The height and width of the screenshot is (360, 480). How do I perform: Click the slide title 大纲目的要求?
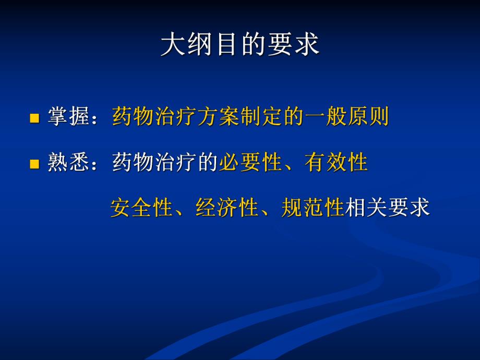239,45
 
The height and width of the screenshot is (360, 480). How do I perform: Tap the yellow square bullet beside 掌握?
34,118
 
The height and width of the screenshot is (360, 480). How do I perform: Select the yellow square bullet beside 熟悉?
34,164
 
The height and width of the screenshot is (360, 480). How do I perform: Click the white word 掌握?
68,117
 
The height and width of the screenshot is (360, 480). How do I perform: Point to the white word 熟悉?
68,163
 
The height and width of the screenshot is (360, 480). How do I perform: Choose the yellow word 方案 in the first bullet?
219,117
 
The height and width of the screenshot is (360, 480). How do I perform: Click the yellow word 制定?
261,117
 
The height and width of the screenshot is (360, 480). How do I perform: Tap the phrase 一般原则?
346,117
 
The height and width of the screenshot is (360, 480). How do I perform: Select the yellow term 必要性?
250,163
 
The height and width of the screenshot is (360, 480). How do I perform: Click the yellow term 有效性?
337,163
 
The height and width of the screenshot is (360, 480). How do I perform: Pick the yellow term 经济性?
227,208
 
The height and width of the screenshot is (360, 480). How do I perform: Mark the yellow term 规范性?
313,208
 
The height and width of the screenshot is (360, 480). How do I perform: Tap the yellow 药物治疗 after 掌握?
154,117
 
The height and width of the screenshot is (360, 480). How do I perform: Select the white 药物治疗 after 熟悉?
154,163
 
